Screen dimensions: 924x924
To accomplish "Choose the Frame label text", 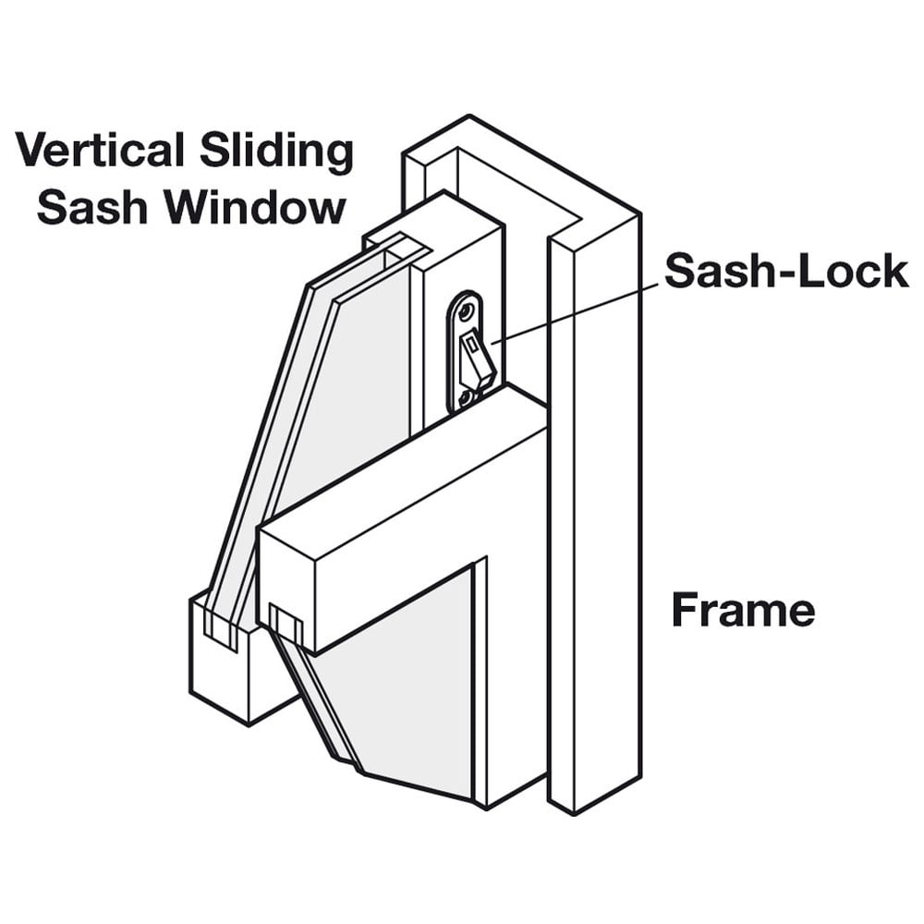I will pyautogui.click(x=743, y=610).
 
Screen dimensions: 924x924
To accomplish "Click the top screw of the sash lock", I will pyautogui.click(x=466, y=306).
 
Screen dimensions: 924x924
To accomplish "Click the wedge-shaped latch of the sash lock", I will pyautogui.click(x=477, y=361).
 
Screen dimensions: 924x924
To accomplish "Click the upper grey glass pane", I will pyautogui.click(x=356, y=397).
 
